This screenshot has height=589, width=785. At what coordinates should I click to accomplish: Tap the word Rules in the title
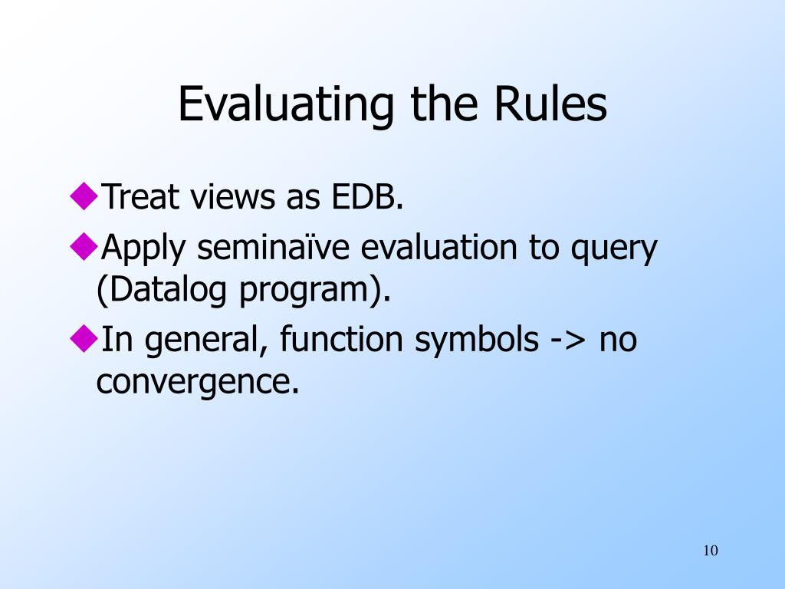pyautogui.click(x=550, y=104)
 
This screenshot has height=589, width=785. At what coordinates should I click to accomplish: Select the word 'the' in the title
pyautogui.click(x=444, y=104)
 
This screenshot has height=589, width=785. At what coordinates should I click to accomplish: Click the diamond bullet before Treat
pyautogui.click(x=84, y=196)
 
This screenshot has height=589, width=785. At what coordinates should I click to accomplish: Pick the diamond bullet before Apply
pyautogui.click(x=84, y=246)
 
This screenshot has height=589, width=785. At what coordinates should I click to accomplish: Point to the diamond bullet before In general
pyautogui.click(x=84, y=338)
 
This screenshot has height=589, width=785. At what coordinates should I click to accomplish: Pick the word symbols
pyautogui.click(x=477, y=341)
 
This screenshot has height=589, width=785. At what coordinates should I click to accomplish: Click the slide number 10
pyautogui.click(x=711, y=551)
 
